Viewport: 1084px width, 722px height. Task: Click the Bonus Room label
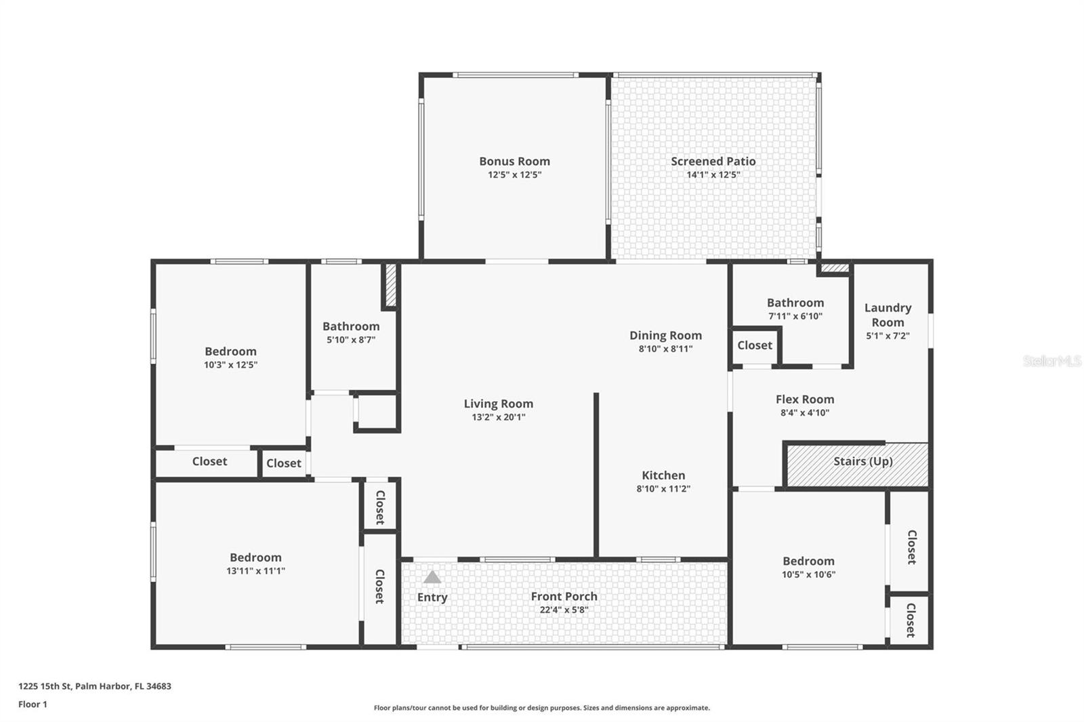coord(514,161)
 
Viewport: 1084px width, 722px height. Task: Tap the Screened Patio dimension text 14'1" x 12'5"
coord(713,175)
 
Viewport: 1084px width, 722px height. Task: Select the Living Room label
coord(499,404)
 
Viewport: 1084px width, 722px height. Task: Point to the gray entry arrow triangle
coord(432,577)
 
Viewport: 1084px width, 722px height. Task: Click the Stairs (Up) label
coord(863,461)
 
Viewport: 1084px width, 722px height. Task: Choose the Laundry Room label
coord(888,315)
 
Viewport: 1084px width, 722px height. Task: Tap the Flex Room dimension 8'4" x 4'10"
coord(805,412)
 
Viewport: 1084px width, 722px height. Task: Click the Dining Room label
coord(665,335)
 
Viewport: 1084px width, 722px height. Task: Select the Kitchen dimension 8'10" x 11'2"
coord(663,489)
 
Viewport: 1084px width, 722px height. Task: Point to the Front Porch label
coord(564,596)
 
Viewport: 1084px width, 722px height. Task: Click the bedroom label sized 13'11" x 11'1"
coord(255,557)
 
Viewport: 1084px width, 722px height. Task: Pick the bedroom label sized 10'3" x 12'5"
coord(230,352)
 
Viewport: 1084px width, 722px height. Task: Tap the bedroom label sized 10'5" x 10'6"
coord(809,561)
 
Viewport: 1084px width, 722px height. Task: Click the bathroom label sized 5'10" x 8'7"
coord(351,326)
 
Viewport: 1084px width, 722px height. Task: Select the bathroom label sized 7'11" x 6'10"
coord(795,303)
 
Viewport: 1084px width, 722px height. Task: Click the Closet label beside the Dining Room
coord(755,345)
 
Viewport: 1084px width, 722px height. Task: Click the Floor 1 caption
coord(33,704)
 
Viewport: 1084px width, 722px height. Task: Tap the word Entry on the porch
coord(432,597)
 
